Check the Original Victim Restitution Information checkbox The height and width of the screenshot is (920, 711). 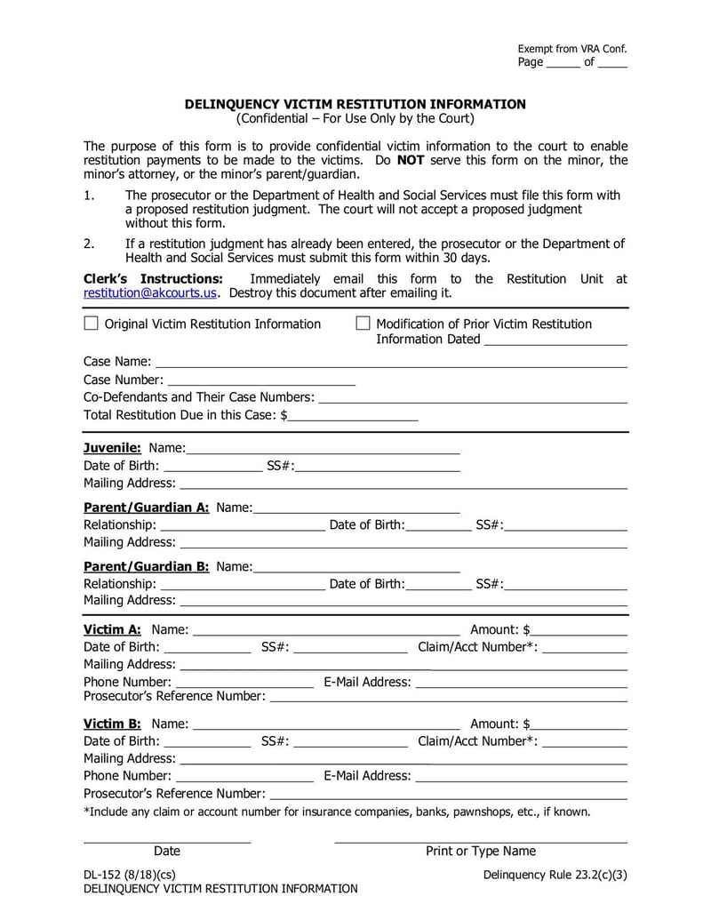(x=91, y=324)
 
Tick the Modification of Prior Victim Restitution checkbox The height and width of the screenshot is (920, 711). (x=363, y=324)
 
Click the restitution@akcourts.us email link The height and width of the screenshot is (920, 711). (x=150, y=293)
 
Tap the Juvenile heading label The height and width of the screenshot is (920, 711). (x=112, y=447)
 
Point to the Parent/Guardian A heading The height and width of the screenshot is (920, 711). (x=146, y=508)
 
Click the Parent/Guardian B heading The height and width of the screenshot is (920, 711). (x=146, y=566)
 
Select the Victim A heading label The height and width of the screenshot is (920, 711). (x=112, y=629)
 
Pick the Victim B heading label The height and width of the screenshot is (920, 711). (x=112, y=724)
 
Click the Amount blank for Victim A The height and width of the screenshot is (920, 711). (x=579, y=630)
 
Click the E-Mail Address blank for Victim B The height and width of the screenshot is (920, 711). (x=522, y=776)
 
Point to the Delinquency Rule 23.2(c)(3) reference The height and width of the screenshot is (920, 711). (x=555, y=875)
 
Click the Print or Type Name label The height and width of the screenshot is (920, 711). (x=481, y=852)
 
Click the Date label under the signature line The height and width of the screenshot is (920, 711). (x=167, y=852)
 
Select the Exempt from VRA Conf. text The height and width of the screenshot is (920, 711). (x=572, y=49)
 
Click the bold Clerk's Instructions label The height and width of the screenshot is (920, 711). (x=152, y=279)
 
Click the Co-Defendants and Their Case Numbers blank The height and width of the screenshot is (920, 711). (x=473, y=397)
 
